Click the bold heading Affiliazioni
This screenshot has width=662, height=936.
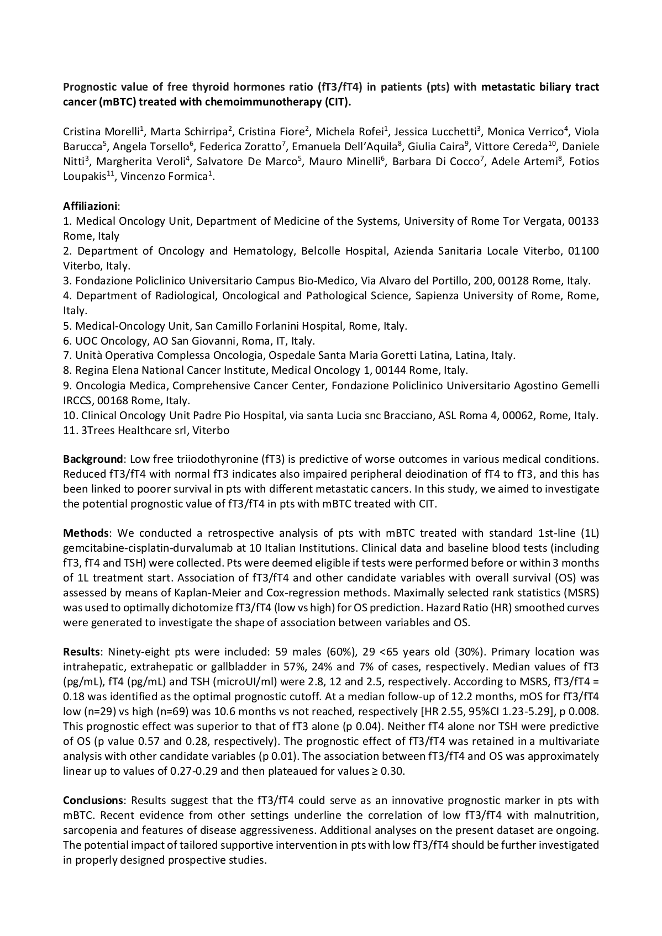pos(90,206)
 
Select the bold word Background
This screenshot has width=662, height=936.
pos(92,459)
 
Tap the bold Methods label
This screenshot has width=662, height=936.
pos(86,533)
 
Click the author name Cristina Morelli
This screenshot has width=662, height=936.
pos(102,131)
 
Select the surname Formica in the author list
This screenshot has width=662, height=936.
pos(186,176)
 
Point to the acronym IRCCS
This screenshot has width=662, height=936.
pos(80,400)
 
